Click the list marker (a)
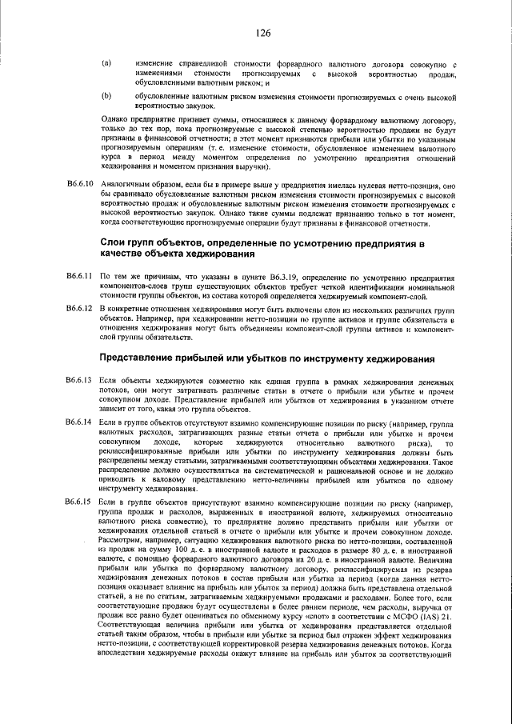click(x=106, y=63)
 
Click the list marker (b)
click(x=106, y=95)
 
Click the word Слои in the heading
click(x=114, y=241)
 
